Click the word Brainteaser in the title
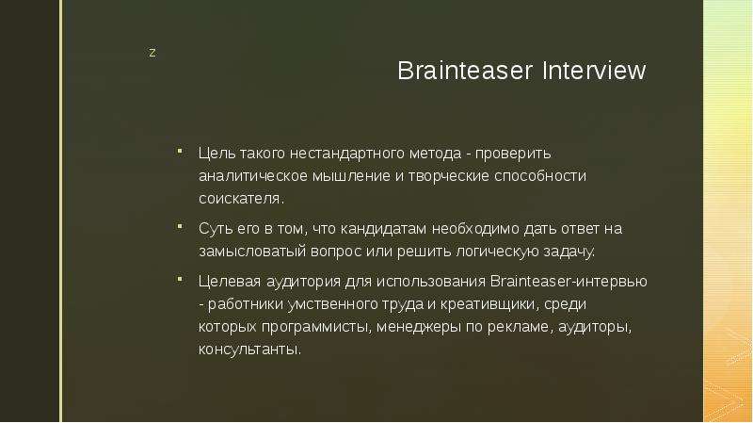coord(465,71)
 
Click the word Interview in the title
coord(594,71)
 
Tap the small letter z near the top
coord(152,53)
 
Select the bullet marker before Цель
coord(180,152)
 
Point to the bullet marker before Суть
coord(180,226)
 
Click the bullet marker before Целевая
coord(180,279)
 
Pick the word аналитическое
coord(253,176)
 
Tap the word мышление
coord(351,176)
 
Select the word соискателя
coord(242,199)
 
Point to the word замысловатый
coord(252,252)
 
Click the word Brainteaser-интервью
coord(569,281)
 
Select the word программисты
coord(316,327)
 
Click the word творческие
coord(449,176)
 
